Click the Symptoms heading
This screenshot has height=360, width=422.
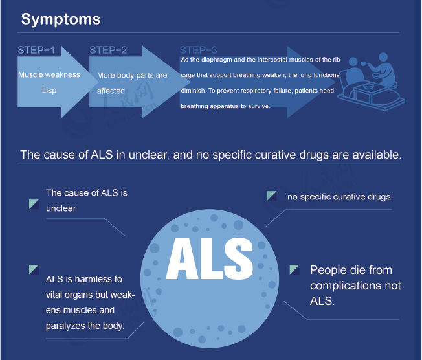(x=60, y=19)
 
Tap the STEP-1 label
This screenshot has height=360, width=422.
(x=36, y=50)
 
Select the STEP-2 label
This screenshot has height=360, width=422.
(x=108, y=50)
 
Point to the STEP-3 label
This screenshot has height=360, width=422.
(x=198, y=50)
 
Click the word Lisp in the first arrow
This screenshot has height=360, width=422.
(x=49, y=91)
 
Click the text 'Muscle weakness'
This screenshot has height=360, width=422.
(x=49, y=75)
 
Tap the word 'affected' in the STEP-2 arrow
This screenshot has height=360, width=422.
(x=111, y=91)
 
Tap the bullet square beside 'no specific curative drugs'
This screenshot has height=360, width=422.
(x=272, y=196)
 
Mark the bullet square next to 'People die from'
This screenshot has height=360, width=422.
(x=294, y=269)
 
